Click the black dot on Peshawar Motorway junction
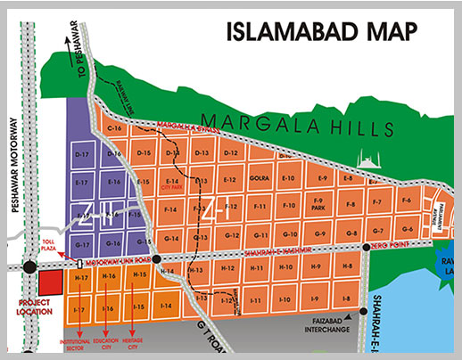[29, 266]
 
